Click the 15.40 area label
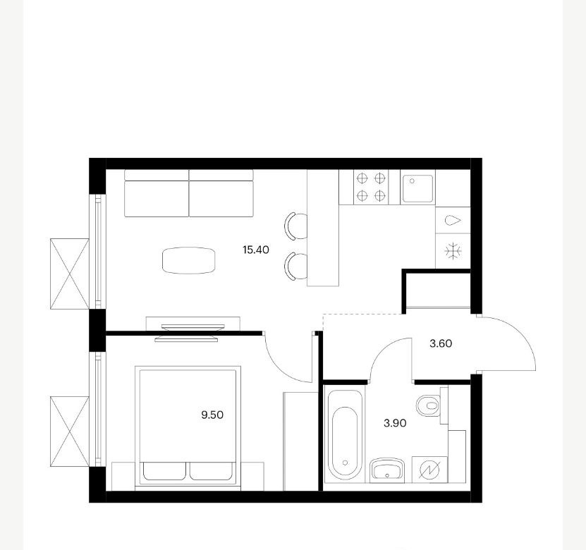(x=256, y=250)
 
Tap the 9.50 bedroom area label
(x=212, y=415)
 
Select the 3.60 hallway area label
(x=441, y=343)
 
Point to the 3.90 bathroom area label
(x=395, y=423)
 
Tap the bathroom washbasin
(x=388, y=470)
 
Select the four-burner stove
(x=371, y=187)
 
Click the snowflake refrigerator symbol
(x=453, y=251)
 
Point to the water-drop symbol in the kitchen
(x=453, y=221)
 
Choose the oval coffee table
(x=189, y=260)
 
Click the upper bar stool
(x=296, y=226)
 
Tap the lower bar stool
(x=296, y=267)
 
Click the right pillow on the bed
(x=211, y=471)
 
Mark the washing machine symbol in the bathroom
(x=429, y=470)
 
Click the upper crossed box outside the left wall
(x=70, y=274)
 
